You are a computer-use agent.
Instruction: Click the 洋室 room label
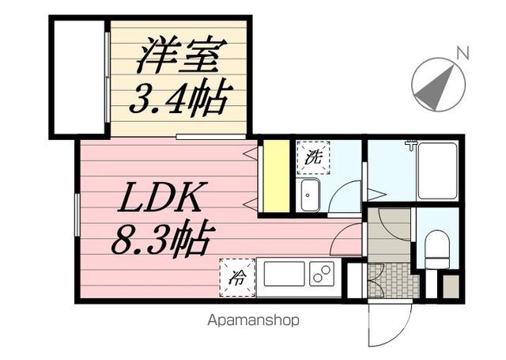(x=182, y=55)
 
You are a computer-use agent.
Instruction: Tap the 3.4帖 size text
(x=177, y=97)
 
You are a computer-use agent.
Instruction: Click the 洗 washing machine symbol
(x=313, y=157)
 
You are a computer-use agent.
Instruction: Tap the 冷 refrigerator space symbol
(x=237, y=278)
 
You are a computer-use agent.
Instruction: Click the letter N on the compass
(x=463, y=53)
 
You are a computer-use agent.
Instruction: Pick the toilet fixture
(x=437, y=249)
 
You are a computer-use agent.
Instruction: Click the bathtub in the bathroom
(x=437, y=170)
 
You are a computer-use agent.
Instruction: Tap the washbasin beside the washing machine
(x=310, y=195)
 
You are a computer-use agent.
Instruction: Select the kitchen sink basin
(x=285, y=274)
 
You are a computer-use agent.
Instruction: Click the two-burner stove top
(x=322, y=274)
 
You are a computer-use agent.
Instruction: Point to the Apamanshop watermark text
(x=253, y=320)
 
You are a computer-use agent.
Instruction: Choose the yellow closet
(x=276, y=176)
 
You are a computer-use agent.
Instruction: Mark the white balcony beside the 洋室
(x=79, y=78)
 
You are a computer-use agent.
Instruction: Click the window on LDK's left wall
(x=77, y=214)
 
